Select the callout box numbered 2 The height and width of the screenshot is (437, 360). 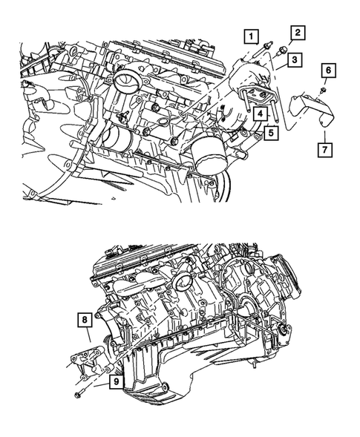(297, 32)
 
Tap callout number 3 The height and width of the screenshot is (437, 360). (294, 59)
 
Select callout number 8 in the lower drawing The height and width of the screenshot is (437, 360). (86, 321)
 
